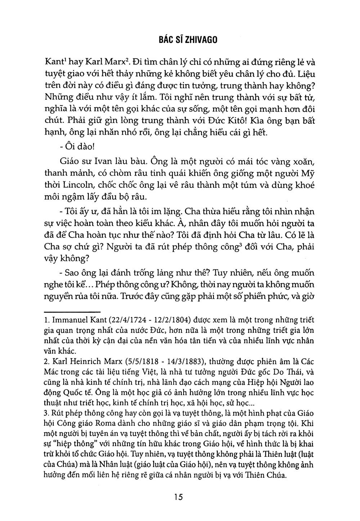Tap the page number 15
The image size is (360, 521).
coord(178,497)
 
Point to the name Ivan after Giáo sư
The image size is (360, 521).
coord(102,161)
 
